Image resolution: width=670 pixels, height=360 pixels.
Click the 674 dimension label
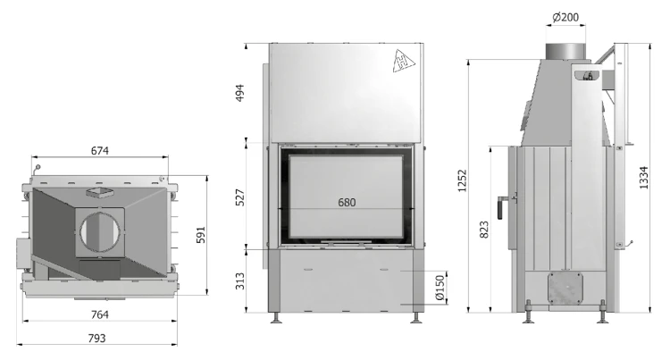(x=99, y=151)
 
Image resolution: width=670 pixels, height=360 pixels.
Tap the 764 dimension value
(x=99, y=314)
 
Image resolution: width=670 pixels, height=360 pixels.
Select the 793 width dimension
(x=96, y=339)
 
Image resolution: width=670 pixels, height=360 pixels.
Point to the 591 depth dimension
(x=200, y=235)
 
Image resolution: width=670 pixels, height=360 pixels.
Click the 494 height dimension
(x=239, y=93)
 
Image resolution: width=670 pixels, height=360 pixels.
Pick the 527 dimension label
(x=240, y=197)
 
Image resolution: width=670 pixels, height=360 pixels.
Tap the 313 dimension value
(x=240, y=281)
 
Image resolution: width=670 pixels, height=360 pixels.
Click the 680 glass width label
(x=347, y=202)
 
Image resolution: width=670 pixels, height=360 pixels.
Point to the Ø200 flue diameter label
(x=565, y=17)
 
